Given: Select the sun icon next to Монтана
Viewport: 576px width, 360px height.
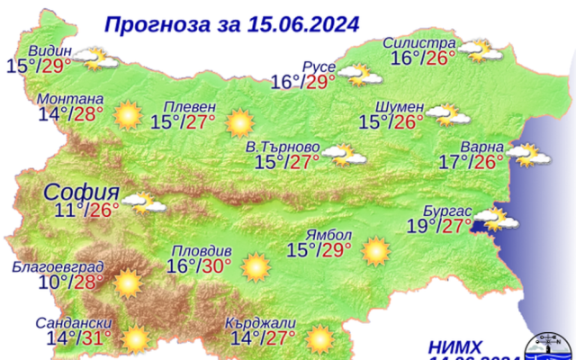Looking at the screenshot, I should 128,115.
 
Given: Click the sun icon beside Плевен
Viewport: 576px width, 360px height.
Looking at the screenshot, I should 239,121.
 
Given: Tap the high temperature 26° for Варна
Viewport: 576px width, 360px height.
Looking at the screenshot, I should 490,162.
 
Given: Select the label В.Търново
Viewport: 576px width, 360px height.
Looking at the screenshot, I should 283,147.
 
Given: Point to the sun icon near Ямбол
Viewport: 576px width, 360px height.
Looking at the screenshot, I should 374,251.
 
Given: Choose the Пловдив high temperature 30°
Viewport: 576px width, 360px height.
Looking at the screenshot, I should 216,266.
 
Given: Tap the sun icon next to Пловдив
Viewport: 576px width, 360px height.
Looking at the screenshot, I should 256,266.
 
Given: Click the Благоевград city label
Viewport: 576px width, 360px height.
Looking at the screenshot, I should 58,267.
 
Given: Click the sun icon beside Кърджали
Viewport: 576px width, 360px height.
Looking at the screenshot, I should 319,339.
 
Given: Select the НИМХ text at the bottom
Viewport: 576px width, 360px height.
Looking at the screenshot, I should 454,345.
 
